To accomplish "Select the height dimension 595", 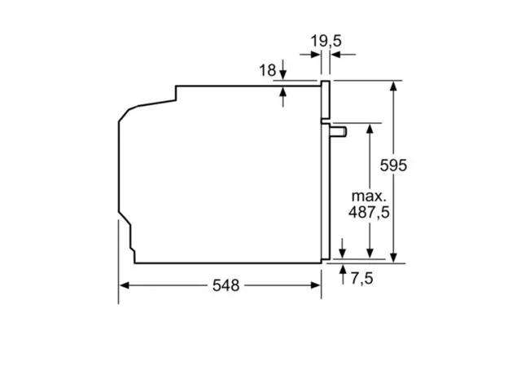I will tap(394, 165).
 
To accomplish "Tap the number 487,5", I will tap(368, 214).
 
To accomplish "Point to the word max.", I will tap(367, 196).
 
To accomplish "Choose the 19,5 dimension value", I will tap(326, 41).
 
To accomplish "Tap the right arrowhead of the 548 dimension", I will tap(315, 285).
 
